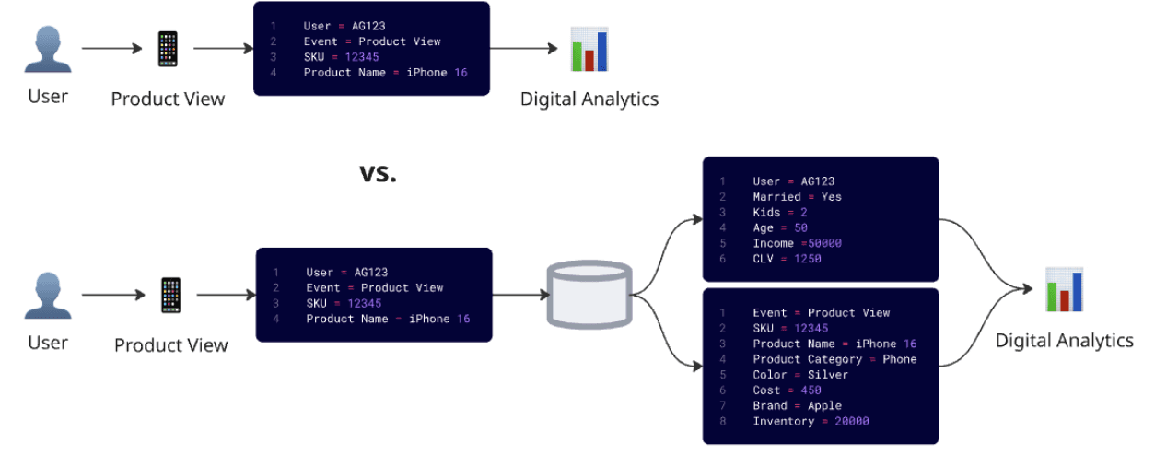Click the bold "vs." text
tap(378, 173)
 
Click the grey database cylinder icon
tap(589, 295)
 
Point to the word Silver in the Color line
tap(828, 375)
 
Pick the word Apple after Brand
tap(824, 405)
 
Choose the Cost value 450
tap(811, 390)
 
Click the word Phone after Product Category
tap(899, 359)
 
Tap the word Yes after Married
tap(831, 197)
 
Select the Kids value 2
tap(803, 213)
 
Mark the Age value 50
tap(799, 227)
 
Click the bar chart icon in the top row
tap(589, 50)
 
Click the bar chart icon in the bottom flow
tap(1064, 290)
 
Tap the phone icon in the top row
tap(168, 49)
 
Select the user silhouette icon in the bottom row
tap(48, 296)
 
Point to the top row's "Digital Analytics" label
tap(589, 99)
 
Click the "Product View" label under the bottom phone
tap(170, 345)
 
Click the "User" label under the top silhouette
tap(48, 96)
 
